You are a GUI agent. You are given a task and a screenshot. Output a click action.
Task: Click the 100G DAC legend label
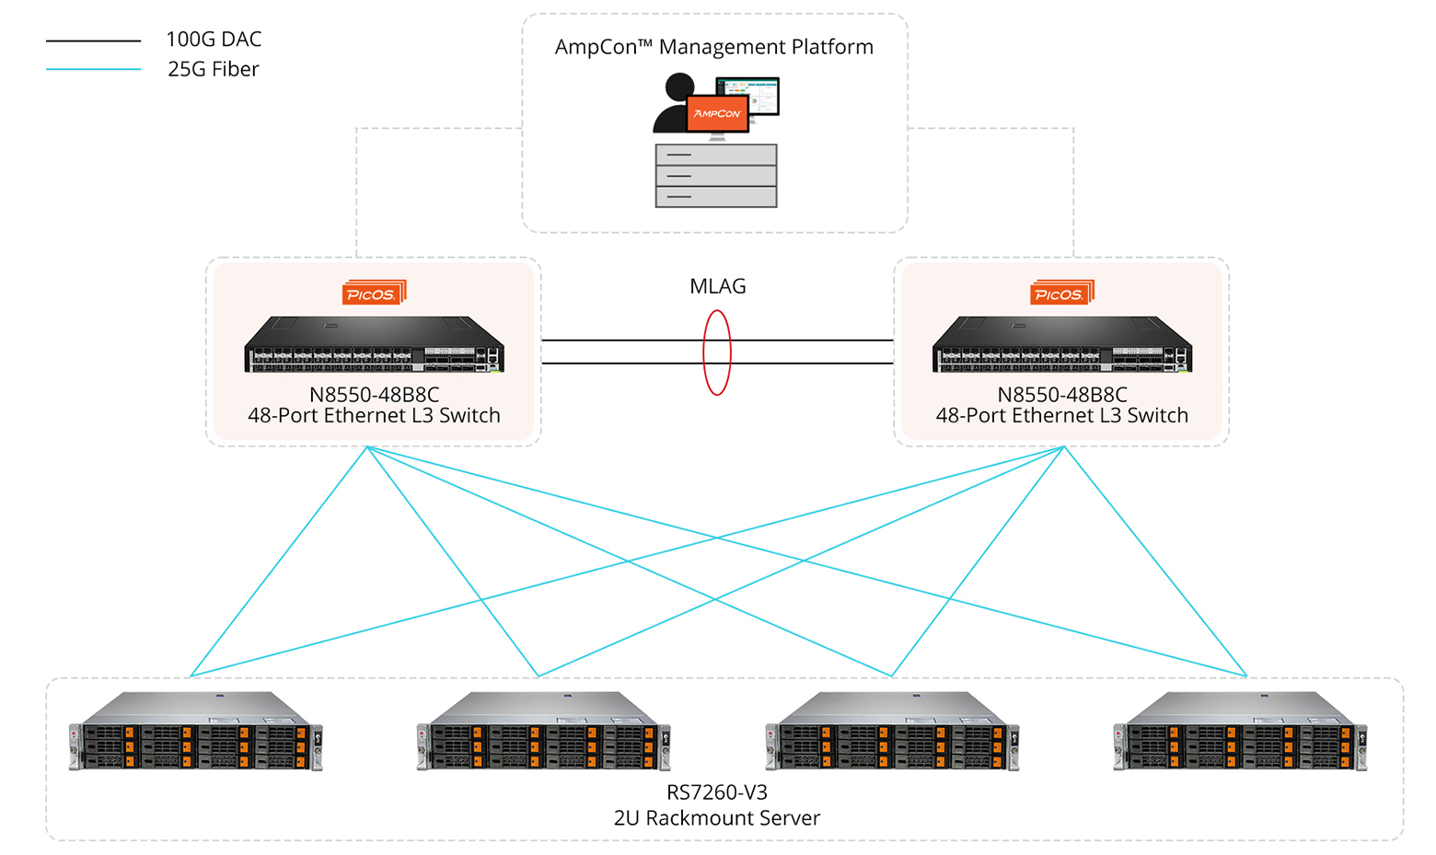214,40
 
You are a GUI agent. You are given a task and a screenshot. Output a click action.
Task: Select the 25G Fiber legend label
214,69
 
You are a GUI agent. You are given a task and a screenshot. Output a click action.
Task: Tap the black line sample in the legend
93,41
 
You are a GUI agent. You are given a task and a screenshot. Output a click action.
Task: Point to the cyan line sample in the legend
93,70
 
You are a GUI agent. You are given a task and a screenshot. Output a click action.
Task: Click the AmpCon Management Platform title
713,47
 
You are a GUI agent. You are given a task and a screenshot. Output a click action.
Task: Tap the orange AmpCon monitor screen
717,113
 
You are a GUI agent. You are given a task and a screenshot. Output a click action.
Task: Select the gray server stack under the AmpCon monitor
715,175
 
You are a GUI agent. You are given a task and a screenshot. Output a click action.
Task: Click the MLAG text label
717,286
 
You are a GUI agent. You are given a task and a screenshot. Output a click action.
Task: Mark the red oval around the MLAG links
704,352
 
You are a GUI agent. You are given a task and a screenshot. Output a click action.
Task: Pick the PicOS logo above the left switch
374,293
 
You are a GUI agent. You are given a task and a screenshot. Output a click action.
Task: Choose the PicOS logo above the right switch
1061,293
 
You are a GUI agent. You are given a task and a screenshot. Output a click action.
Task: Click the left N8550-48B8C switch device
374,345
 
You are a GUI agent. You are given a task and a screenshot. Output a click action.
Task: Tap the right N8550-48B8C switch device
1061,345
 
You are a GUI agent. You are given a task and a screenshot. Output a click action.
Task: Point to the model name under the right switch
1061,395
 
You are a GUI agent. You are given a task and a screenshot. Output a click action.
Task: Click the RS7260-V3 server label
716,792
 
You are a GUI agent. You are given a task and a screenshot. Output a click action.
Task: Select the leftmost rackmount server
195,732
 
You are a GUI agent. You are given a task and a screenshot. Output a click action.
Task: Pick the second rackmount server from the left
543,732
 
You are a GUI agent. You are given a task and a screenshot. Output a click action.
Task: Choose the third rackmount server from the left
892,732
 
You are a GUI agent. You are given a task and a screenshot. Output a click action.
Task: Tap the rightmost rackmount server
1240,732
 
